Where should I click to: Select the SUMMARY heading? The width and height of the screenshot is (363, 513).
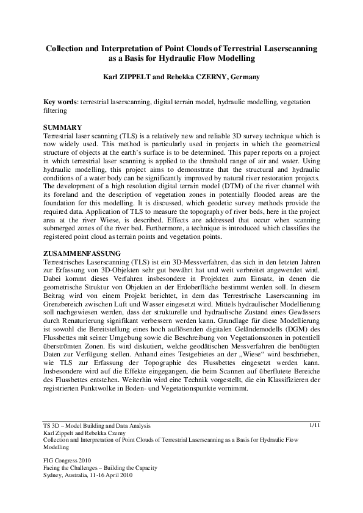[x=64, y=126]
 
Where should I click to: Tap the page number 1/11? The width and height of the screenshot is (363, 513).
[x=315, y=424]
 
